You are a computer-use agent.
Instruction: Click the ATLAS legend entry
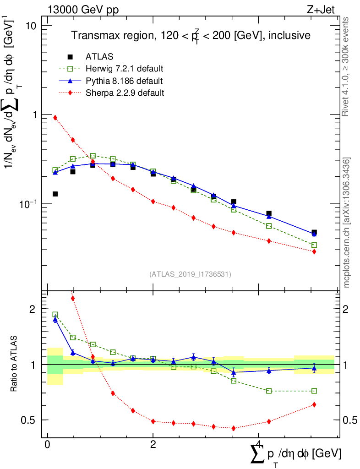99,57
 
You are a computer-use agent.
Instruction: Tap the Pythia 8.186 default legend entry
124,81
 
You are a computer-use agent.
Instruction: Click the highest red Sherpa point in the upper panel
55,118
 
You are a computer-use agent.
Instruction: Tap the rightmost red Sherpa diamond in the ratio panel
314,404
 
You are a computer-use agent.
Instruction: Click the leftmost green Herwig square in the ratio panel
55,315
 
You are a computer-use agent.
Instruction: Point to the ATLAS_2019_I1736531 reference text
190,274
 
